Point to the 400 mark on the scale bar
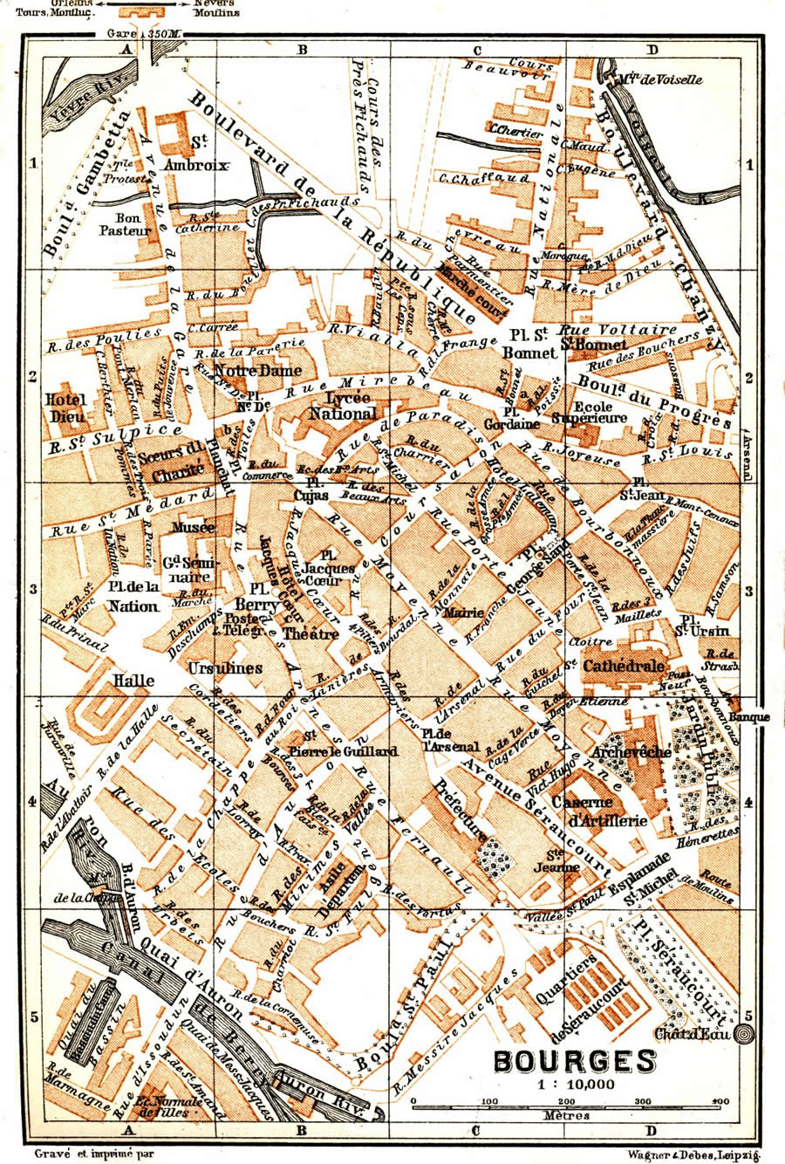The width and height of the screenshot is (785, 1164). pyautogui.click(x=720, y=1101)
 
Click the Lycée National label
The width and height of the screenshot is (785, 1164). pyautogui.click(x=344, y=407)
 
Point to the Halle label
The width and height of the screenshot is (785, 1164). pyautogui.click(x=133, y=681)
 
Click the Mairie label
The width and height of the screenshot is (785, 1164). pyautogui.click(x=463, y=613)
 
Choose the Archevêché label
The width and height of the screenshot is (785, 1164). pyautogui.click(x=631, y=752)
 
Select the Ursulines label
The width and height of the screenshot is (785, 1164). pyautogui.click(x=225, y=668)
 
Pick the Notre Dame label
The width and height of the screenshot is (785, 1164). pyautogui.click(x=245, y=371)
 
